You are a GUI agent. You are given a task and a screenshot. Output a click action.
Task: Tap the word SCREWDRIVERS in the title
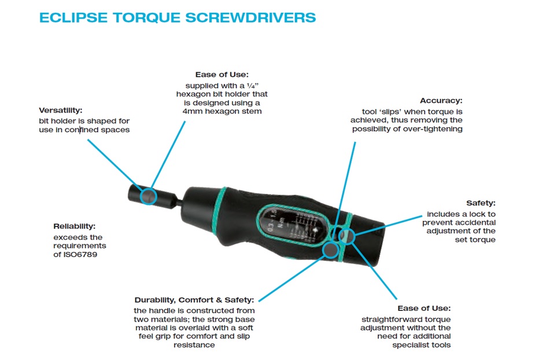click(x=250, y=17)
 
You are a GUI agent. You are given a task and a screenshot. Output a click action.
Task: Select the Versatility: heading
click(x=61, y=110)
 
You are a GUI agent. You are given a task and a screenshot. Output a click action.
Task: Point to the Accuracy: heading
click(x=441, y=101)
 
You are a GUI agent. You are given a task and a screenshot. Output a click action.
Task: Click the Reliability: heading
click(x=75, y=227)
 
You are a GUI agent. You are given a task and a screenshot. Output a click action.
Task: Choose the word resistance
click(x=194, y=345)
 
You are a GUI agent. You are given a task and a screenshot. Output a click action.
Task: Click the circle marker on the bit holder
click(x=149, y=196)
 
